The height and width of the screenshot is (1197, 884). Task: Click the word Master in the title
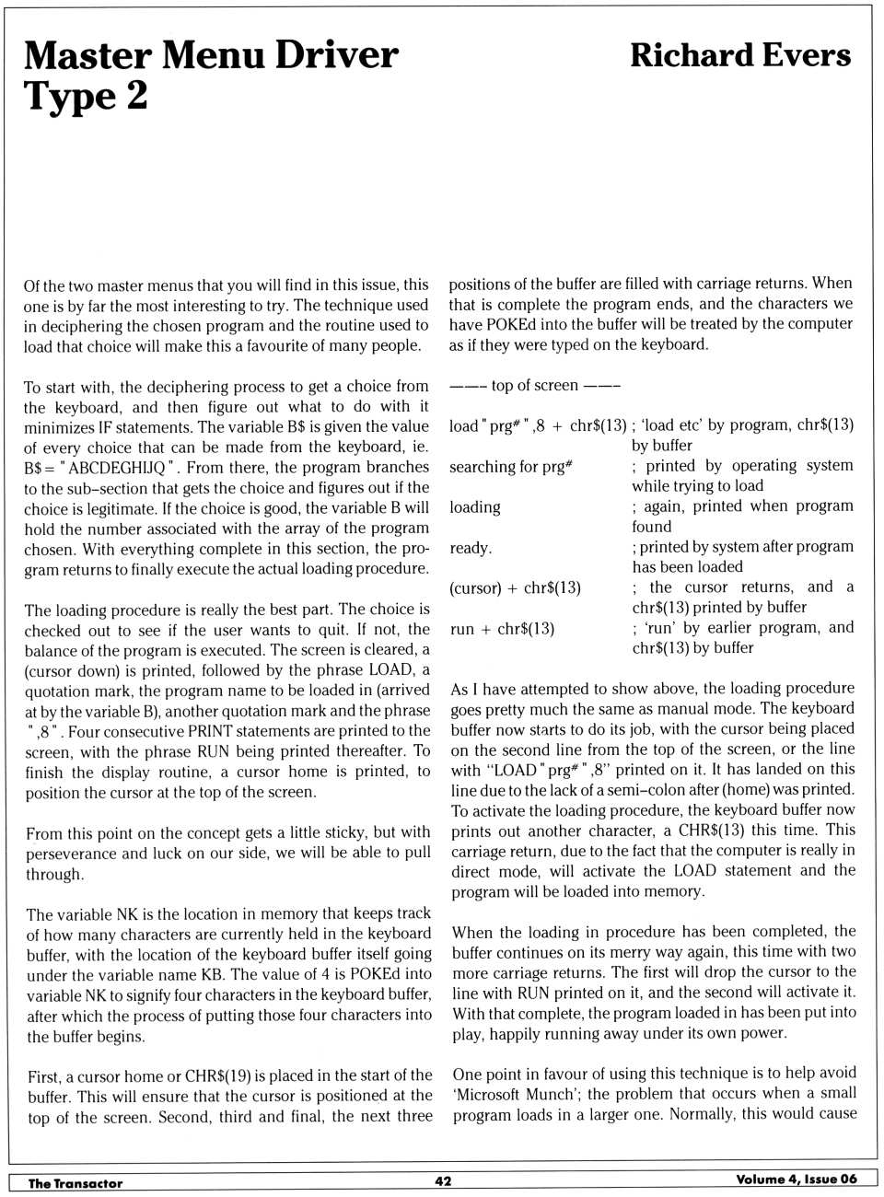point(87,55)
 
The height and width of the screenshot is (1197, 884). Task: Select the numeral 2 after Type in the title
point(135,96)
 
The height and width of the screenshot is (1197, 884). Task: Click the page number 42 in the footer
point(443,1181)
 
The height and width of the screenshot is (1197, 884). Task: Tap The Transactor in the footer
point(75,1183)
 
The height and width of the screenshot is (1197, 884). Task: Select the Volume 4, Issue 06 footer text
point(796,1180)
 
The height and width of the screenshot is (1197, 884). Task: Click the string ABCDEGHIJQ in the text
point(117,468)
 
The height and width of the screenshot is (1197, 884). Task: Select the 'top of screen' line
point(534,386)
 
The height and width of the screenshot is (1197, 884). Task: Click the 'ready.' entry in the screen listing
point(471,548)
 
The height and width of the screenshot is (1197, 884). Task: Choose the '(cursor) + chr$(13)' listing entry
point(515,588)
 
